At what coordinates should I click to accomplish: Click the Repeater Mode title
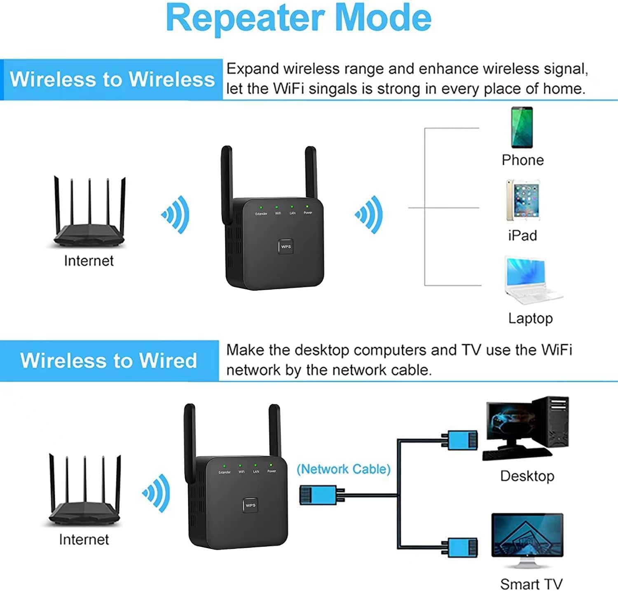[x=298, y=18]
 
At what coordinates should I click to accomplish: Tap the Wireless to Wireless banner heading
[x=112, y=79]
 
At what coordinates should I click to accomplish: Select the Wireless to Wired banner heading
[x=109, y=361]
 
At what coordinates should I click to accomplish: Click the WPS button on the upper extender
[x=286, y=246]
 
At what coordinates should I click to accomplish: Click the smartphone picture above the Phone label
[x=522, y=127]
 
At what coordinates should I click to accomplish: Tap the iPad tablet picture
[x=523, y=200]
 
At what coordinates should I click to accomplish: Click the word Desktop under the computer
[x=527, y=476]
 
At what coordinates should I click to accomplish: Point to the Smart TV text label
[x=531, y=584]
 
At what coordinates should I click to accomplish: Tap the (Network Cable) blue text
[x=343, y=469]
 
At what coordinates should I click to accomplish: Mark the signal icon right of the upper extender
[x=369, y=215]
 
